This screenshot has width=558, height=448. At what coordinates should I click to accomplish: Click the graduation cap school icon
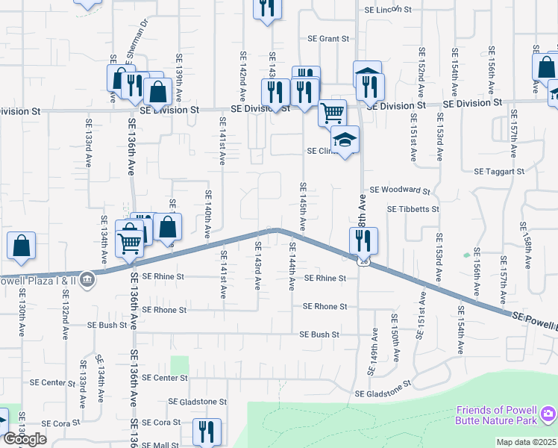[345, 140]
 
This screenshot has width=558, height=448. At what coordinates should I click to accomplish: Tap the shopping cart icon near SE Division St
[332, 113]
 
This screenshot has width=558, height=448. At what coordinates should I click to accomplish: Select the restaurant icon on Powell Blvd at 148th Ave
[363, 240]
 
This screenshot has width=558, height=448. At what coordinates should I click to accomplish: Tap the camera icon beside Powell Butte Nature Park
[548, 413]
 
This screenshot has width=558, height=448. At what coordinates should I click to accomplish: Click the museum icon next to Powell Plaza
[89, 279]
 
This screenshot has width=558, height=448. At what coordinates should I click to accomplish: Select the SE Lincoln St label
[388, 10]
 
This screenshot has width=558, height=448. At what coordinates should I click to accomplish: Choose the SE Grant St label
[329, 39]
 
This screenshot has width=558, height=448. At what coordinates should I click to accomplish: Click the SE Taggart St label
[499, 171]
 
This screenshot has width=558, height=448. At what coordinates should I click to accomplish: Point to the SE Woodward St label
[400, 191]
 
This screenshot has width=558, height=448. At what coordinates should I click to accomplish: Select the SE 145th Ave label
[303, 205]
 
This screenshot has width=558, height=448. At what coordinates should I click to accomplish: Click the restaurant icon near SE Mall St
[206, 432]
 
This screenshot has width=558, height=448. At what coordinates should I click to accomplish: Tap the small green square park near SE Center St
[179, 365]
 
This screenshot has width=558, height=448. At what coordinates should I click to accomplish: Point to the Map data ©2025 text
[527, 442]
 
